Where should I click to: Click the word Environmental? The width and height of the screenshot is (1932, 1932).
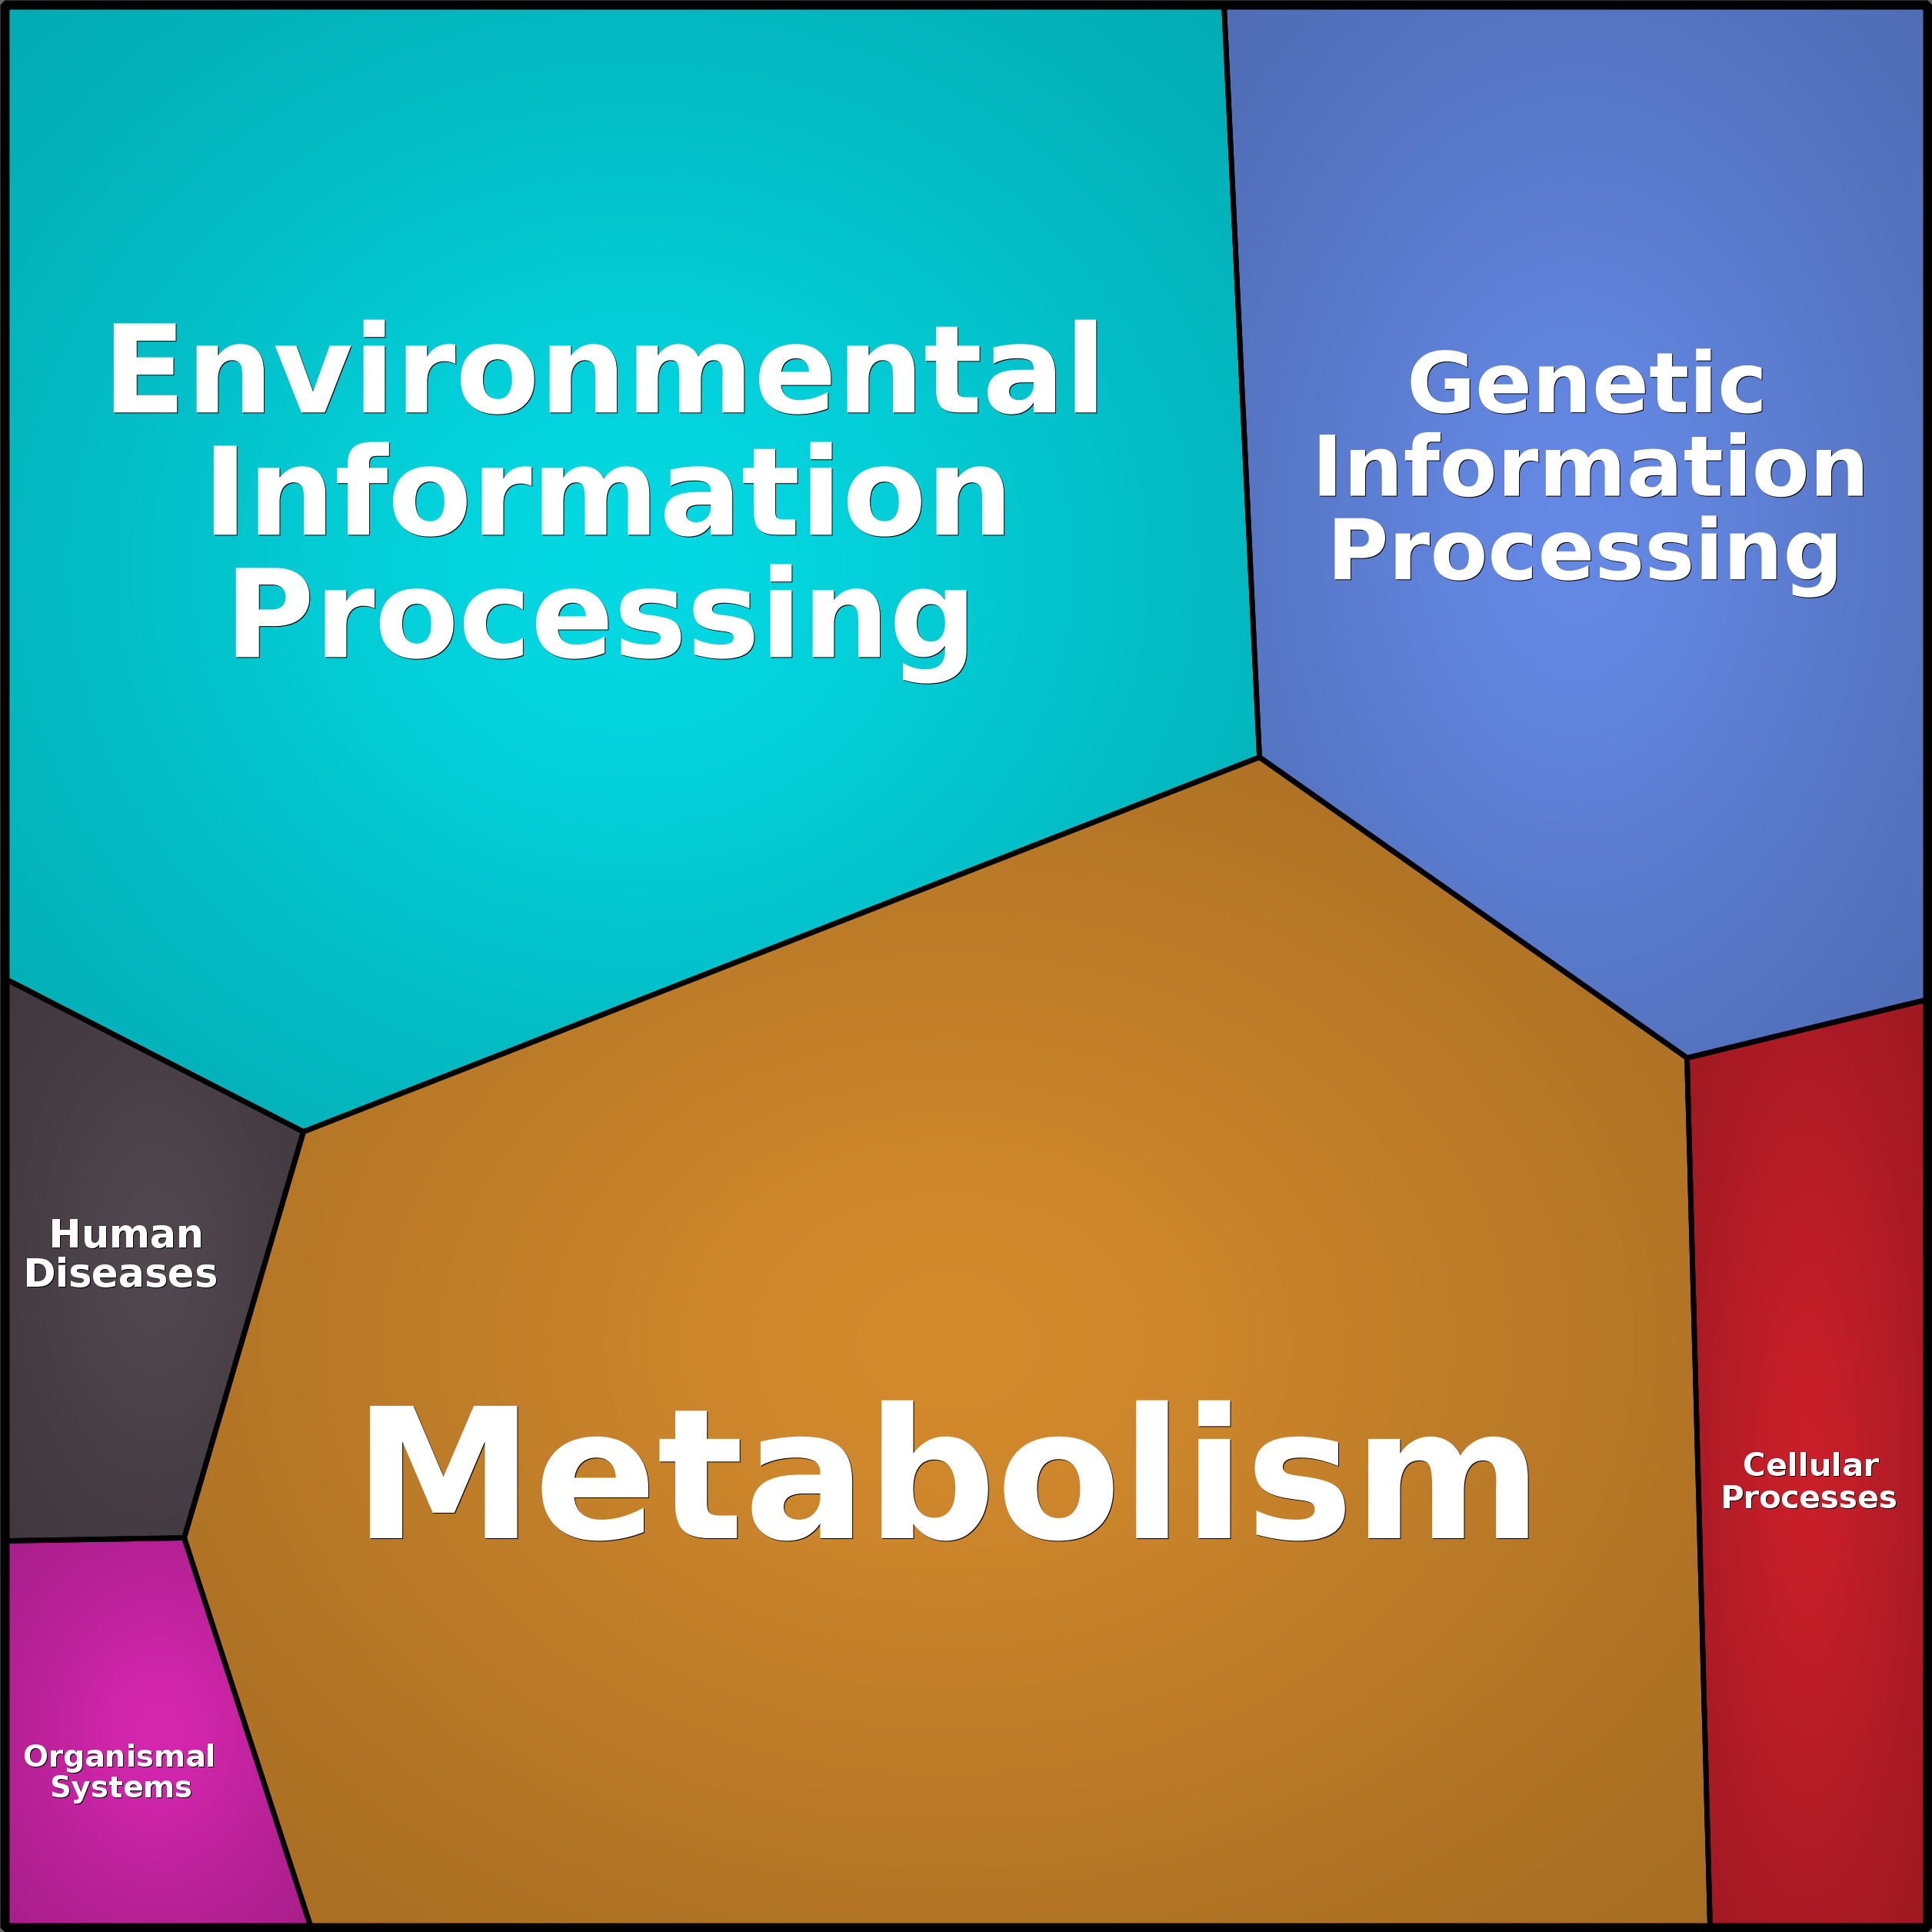click(604, 368)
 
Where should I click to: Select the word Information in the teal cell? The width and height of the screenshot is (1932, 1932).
click(607, 490)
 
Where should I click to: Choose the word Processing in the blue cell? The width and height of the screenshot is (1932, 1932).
click(1584, 556)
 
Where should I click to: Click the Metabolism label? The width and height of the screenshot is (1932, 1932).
click(946, 1472)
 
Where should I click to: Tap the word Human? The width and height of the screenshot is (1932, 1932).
click(126, 1235)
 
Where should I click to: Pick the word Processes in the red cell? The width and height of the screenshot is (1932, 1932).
click(1808, 1498)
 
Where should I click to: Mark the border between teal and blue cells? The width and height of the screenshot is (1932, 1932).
click(1241, 382)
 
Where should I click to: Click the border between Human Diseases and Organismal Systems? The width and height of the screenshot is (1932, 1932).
click(96, 1540)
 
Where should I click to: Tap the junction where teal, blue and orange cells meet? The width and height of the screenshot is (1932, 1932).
click(1259, 758)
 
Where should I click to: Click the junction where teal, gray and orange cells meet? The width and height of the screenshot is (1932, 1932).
click(303, 1131)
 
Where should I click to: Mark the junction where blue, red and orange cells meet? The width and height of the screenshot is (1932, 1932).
click(1687, 1057)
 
